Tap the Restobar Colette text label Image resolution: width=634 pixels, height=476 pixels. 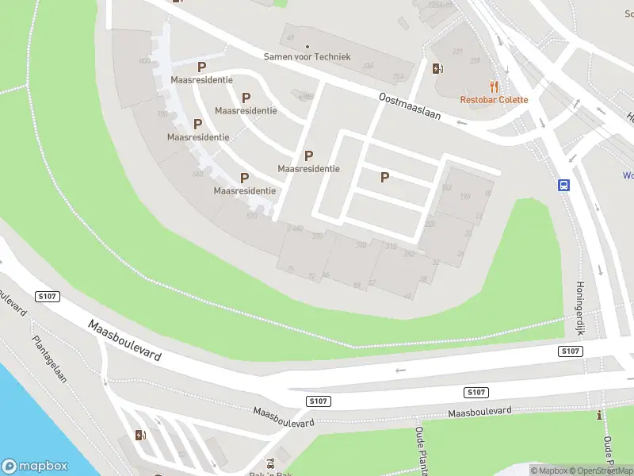click(x=494, y=100)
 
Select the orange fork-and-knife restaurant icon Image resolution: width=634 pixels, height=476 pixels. click(x=494, y=86)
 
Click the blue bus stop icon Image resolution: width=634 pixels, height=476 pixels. click(x=563, y=186)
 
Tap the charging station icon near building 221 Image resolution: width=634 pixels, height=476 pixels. click(x=437, y=68)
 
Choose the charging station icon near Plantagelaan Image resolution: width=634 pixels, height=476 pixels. click(x=140, y=435)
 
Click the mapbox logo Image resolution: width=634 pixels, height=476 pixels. click(x=35, y=466)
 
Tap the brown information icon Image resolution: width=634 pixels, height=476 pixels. click(x=600, y=415)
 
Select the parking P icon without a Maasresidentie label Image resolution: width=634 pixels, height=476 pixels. click(x=384, y=178)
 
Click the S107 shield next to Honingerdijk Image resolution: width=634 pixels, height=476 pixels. click(x=570, y=351)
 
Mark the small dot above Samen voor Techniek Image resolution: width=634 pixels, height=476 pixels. click(x=306, y=46)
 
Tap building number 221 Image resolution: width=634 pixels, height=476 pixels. click(x=457, y=52)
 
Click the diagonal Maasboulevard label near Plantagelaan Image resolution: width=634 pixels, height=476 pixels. click(x=125, y=341)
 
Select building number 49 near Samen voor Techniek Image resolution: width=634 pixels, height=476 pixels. click(x=290, y=37)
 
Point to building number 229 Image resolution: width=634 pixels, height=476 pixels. click(x=475, y=60)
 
